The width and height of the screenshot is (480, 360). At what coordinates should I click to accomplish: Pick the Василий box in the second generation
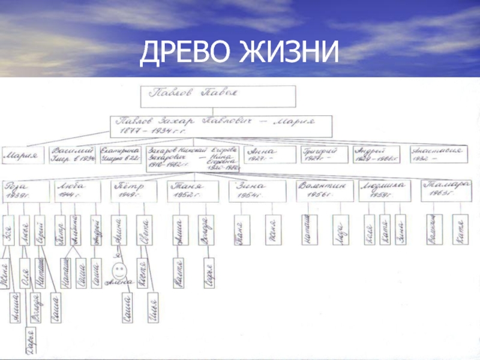point(73,154)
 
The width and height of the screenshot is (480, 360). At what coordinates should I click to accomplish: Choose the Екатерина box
point(121,154)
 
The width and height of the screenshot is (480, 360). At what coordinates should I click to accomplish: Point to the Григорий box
point(323,154)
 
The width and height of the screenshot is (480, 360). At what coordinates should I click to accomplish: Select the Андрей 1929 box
point(377,154)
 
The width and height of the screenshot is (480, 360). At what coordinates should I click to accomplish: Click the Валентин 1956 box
point(323,190)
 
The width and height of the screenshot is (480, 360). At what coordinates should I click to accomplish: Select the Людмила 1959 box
point(383,190)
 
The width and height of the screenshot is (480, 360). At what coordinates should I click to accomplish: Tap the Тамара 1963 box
point(445,190)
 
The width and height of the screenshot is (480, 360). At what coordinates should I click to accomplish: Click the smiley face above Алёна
point(119,268)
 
